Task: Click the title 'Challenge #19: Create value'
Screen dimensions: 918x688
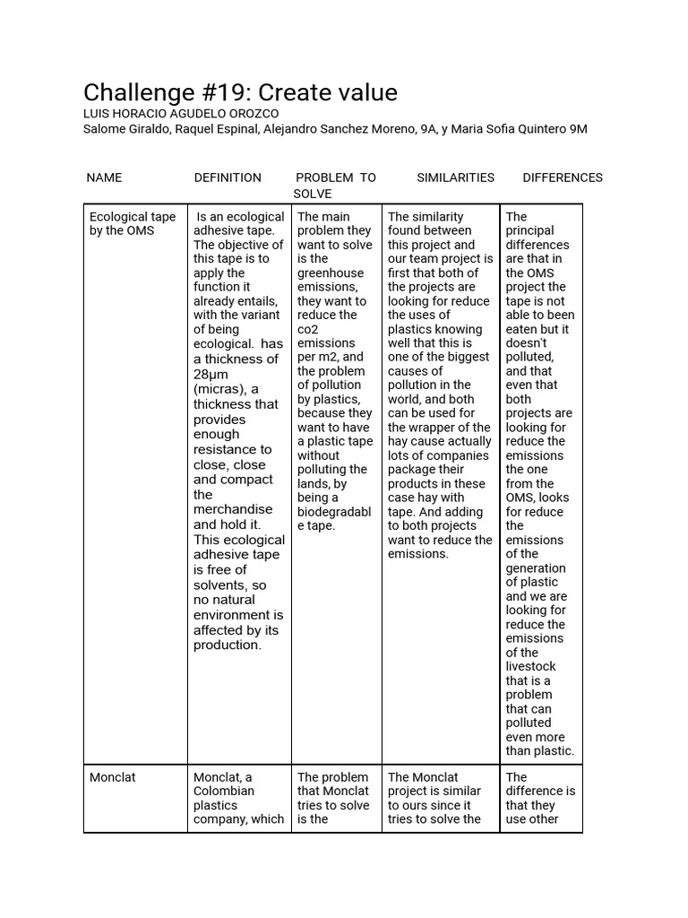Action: click(x=240, y=92)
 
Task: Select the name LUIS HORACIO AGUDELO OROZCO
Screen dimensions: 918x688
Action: click(x=180, y=114)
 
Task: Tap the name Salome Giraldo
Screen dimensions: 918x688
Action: click(x=123, y=128)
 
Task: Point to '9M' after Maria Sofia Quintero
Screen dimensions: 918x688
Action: click(x=578, y=128)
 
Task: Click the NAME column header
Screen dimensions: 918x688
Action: click(x=104, y=178)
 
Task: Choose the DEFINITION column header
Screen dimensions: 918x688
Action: click(x=228, y=178)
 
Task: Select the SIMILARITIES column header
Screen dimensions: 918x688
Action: click(x=455, y=178)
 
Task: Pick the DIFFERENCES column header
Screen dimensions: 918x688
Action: click(x=562, y=178)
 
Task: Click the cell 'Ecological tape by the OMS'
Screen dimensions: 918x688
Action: click(x=133, y=223)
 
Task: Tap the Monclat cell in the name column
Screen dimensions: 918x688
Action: click(x=113, y=777)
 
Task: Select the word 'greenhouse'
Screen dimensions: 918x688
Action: click(x=331, y=273)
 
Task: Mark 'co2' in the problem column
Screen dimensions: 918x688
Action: click(x=308, y=329)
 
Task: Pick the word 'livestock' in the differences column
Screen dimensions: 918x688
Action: click(x=530, y=666)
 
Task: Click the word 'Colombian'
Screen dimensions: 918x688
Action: click(x=223, y=791)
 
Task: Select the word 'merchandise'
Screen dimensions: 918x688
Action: click(x=233, y=509)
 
